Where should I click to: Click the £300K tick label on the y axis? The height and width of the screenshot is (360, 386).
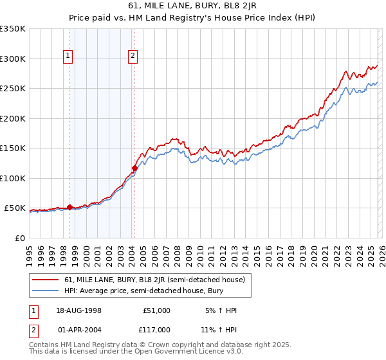(13, 59)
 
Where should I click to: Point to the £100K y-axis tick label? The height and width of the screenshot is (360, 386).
(13, 178)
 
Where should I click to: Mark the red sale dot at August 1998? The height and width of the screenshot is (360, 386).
(69, 207)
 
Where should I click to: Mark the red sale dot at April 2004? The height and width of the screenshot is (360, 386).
(134, 168)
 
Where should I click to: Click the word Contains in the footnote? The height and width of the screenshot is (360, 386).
(46, 345)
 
